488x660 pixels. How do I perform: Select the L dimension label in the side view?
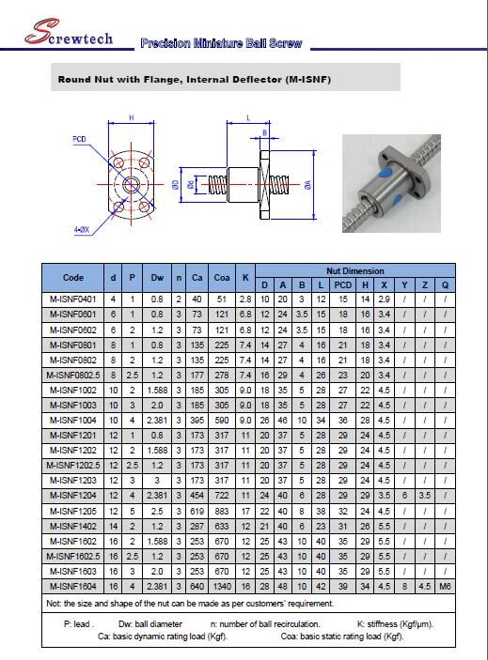coord(247,117)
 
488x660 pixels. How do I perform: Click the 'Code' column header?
coord(73,278)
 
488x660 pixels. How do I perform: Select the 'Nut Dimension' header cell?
coord(354,270)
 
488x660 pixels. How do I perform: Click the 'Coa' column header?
coord(222,278)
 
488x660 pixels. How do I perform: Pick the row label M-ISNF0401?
coord(73,299)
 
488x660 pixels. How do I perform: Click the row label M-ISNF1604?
coord(73,585)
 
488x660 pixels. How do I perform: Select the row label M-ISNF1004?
coord(73,420)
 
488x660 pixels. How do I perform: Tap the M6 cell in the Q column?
coord(444,585)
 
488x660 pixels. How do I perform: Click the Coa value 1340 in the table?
coord(222,585)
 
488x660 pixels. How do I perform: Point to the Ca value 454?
coord(197,495)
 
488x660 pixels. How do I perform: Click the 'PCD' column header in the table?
coord(342,284)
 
